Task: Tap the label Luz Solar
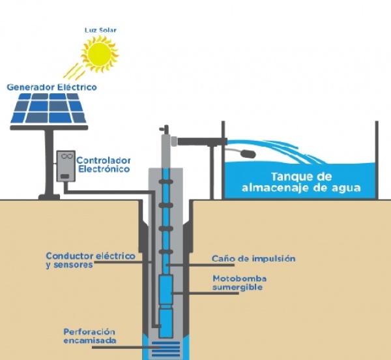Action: (x=100, y=30)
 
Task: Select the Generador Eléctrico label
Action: (x=52, y=87)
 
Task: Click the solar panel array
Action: (x=49, y=108)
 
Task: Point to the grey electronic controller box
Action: (x=66, y=166)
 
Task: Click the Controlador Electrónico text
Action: (x=104, y=164)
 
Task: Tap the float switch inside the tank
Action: (x=248, y=153)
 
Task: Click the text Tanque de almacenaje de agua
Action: (x=301, y=182)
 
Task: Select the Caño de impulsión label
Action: (x=253, y=258)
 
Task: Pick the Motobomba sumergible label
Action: (x=239, y=282)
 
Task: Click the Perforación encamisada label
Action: (x=90, y=336)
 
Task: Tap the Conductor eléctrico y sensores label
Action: (x=91, y=260)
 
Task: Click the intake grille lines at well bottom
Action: (x=166, y=348)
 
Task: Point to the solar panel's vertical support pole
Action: (x=49, y=162)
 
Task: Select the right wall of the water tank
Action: (x=377, y=160)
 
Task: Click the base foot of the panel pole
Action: (x=49, y=197)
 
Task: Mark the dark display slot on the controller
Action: (x=65, y=176)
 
